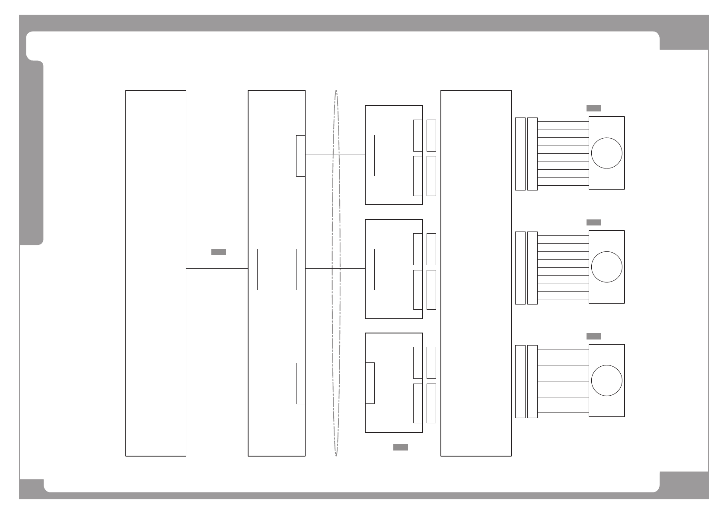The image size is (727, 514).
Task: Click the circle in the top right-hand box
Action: [x=606, y=153]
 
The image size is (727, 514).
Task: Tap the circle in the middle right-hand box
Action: [x=606, y=267]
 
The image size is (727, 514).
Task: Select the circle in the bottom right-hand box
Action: [x=606, y=381]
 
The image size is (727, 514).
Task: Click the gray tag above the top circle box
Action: [x=593, y=108]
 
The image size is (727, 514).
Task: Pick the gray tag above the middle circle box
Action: [x=593, y=222]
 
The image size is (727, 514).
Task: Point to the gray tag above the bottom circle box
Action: [x=593, y=336]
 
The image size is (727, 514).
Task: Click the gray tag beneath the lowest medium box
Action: [x=400, y=447]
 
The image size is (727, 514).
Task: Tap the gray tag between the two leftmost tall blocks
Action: [x=218, y=252]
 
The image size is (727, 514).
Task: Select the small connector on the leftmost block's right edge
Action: [x=182, y=269]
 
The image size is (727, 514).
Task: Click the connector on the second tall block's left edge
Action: [x=253, y=269]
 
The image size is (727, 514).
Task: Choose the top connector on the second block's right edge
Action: [x=300, y=155]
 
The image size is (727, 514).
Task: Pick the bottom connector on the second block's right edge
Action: [x=300, y=383]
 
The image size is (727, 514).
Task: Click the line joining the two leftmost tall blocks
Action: [x=216, y=268]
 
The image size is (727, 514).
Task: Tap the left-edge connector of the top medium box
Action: [x=370, y=155]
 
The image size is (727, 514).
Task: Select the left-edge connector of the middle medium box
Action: [x=370, y=269]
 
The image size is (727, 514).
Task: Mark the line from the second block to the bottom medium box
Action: [x=320, y=382]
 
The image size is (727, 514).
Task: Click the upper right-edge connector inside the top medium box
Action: [x=418, y=135]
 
